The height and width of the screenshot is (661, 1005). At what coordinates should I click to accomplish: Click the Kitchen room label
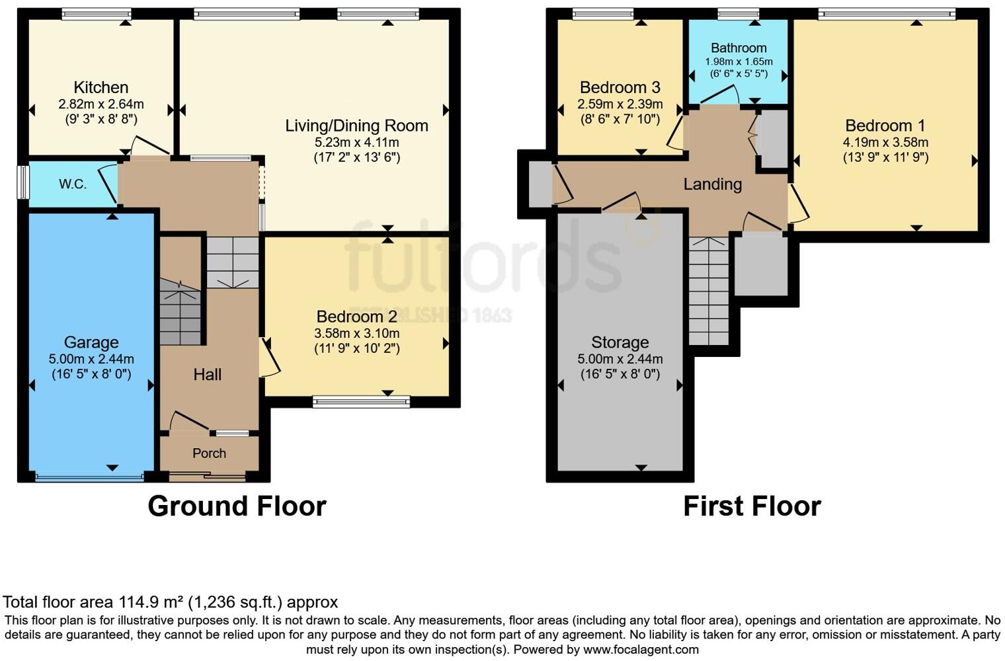point(101,87)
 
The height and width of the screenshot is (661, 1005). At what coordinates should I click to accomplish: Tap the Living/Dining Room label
point(356,126)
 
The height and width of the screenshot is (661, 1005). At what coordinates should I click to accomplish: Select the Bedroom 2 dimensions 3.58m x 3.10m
point(356,333)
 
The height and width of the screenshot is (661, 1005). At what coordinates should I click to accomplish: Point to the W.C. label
point(73,184)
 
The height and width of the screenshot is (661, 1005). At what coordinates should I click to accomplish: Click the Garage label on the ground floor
point(91,342)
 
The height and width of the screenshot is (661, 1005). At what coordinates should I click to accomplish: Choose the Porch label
point(209,453)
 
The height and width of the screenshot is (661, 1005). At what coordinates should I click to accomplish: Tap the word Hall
point(207,375)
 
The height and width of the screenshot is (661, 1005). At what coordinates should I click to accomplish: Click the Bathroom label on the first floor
point(739,48)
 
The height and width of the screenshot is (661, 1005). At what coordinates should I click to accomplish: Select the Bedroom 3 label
point(620,87)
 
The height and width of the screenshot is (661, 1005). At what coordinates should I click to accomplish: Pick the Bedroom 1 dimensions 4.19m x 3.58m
point(885,142)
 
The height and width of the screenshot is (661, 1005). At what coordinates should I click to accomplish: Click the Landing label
point(712,184)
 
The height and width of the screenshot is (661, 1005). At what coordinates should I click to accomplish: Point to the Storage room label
point(620,342)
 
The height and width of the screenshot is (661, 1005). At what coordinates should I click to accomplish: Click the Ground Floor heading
point(237,506)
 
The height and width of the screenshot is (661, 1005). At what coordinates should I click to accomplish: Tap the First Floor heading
point(752,506)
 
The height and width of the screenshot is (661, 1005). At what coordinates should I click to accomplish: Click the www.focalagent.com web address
point(641,649)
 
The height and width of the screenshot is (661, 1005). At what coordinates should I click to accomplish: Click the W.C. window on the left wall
point(23,182)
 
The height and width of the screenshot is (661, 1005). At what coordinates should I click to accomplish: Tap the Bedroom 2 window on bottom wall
point(361,401)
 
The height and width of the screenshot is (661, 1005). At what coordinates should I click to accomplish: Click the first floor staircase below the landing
point(709,291)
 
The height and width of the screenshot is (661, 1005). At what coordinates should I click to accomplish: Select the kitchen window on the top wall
point(97,13)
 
